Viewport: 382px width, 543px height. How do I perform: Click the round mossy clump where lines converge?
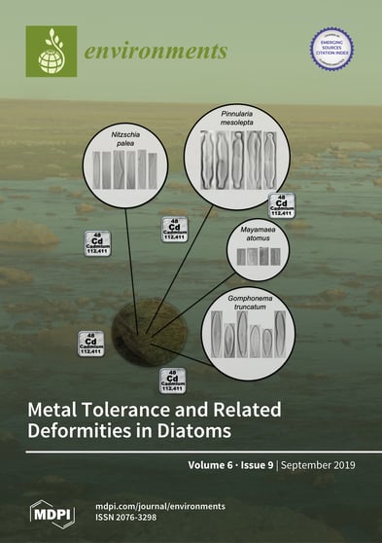pyautogui.click(x=148, y=330)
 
